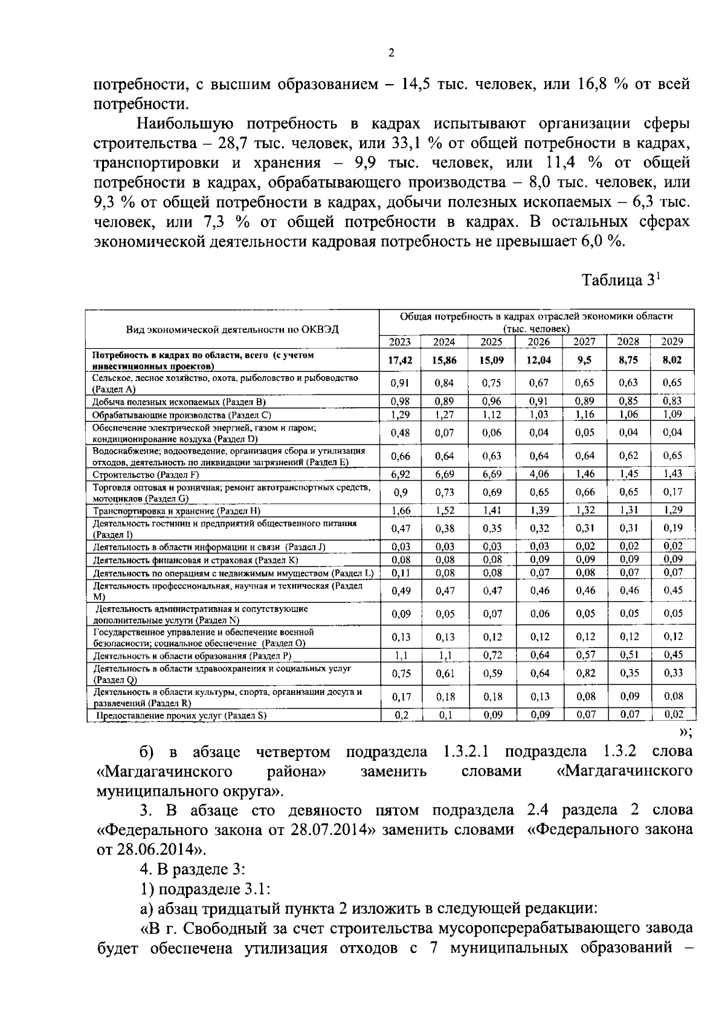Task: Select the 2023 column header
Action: [399, 342]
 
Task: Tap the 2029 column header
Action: [672, 342]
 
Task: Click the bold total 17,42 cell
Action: [399, 360]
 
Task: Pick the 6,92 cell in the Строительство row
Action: [399, 474]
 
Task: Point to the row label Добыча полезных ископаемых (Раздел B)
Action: [179, 402]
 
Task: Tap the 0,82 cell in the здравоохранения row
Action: [585, 673]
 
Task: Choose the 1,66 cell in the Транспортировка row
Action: [399, 510]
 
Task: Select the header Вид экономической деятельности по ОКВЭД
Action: [232, 330]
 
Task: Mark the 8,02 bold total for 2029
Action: [672, 360]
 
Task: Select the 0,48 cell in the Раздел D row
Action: [399, 433]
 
